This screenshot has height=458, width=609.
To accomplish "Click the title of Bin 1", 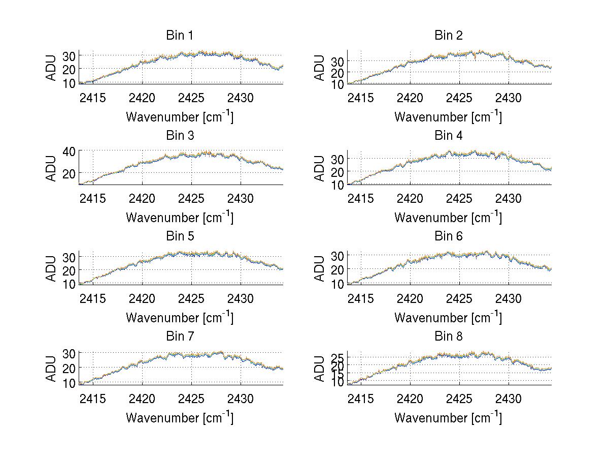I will point(180,35).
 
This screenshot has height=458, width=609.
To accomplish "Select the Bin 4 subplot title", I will point(449,135).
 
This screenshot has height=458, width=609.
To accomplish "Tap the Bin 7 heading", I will point(180,336).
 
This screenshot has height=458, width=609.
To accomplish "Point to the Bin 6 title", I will point(449,236).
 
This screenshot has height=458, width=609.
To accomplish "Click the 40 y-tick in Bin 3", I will point(69,151).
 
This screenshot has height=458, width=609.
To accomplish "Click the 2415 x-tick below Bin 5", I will point(93,298).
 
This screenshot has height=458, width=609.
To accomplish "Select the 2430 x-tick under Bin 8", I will point(509,399).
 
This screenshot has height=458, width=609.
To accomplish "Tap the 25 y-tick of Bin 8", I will point(337,358).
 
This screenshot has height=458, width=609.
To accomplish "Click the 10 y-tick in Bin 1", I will point(69,83).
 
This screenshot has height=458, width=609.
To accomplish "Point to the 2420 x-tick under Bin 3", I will point(142,198).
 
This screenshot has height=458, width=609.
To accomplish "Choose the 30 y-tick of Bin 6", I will point(337,255).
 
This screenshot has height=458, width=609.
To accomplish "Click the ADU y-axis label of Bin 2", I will point(319,67).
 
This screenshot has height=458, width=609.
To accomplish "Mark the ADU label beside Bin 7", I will point(51,368).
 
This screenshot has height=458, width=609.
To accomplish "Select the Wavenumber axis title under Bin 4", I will point(448,217).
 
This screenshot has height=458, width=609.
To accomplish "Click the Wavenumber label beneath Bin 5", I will point(180,317).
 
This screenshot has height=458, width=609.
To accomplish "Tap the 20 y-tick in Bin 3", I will point(69,173).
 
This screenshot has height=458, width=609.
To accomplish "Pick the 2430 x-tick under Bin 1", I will point(241,98).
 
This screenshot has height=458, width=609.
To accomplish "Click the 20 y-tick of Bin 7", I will point(69,368).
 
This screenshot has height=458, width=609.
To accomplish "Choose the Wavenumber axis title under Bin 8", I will point(448,418).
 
